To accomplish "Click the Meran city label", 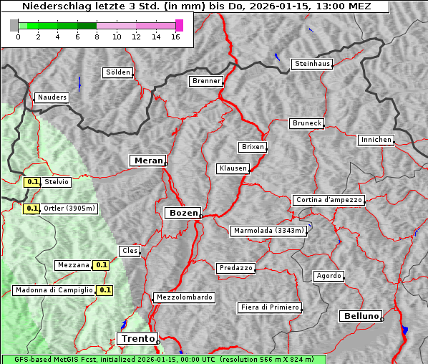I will [149, 161].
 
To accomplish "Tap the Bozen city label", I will [183, 213].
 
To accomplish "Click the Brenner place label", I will [206, 81].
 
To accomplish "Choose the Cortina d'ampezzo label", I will [329, 200].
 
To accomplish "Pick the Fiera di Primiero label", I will [269, 307].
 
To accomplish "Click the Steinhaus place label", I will [313, 64].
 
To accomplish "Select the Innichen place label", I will [376, 140].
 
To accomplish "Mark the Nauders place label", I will [52, 97].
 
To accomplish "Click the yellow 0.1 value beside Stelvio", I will [31, 182].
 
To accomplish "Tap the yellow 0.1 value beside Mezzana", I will [102, 265].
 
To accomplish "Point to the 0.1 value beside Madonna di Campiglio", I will [104, 290].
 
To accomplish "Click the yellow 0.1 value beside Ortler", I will [31, 209].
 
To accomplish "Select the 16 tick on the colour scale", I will [175, 37].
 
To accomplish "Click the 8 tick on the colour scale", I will [97, 37].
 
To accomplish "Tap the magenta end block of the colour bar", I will [179, 25].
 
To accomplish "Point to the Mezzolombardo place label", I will [183, 297].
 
